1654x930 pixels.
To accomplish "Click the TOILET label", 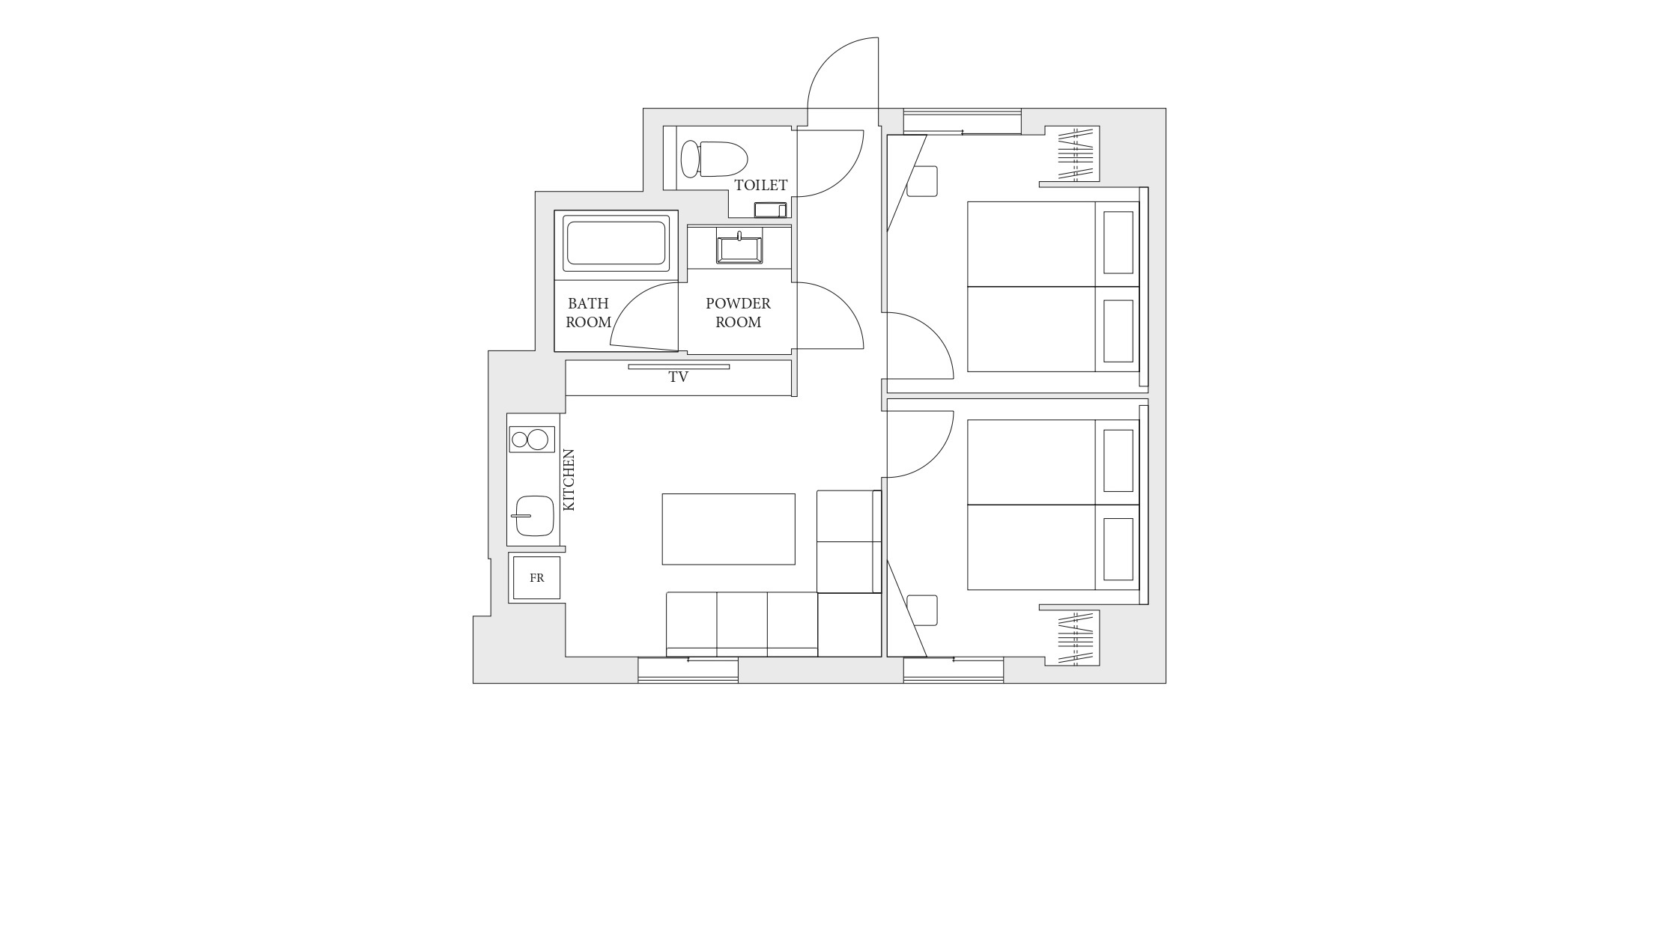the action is pos(760,185).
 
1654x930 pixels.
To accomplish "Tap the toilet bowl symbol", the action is pos(714,159).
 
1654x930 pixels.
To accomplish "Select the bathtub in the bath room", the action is pos(616,243).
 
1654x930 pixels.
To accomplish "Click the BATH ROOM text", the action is pos(588,313).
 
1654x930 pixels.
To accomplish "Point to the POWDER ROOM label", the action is pos(738,313).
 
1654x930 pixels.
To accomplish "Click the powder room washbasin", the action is pos(739,249).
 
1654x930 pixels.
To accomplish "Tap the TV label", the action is pos(678,377).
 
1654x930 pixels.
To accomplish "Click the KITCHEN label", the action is pos(569,480).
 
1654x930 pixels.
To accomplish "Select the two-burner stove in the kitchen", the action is pos(532,440).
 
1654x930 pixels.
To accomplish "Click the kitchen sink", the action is pos(534,516).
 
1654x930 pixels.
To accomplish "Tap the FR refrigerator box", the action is pos(536,578).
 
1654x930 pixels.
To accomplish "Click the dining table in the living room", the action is pos(728,529).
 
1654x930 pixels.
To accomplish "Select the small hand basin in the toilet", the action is pos(770,210).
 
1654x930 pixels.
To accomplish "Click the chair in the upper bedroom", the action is pos(922,181).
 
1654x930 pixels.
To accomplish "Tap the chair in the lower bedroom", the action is pos(922,610).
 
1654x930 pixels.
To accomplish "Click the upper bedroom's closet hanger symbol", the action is pos(1076,155).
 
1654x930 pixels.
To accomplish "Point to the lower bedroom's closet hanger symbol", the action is pos(1076,639).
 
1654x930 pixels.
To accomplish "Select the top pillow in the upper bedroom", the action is pos(1118,243).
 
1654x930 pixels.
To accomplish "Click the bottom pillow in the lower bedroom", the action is pos(1118,549).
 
